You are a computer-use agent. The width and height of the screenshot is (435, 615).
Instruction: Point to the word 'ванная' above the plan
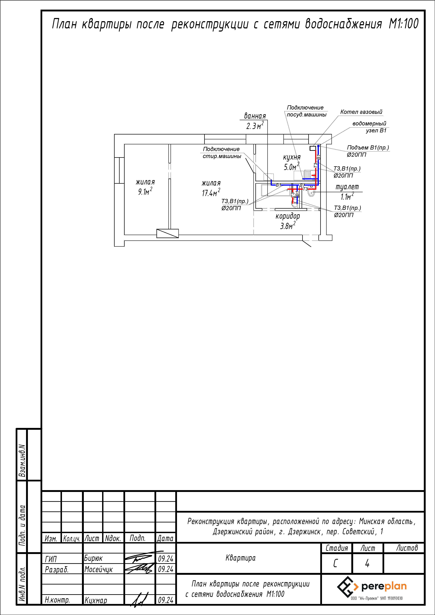coord(255,116)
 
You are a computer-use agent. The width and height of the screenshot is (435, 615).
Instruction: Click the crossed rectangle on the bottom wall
coord(167,233)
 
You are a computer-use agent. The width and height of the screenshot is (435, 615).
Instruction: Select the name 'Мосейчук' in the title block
coord(99,569)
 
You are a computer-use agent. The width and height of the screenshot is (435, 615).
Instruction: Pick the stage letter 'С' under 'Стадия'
coord(335,564)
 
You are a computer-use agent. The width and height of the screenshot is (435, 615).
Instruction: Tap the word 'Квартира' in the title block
coord(240,558)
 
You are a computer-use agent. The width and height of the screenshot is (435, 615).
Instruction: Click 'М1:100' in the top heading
coord(403,24)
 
